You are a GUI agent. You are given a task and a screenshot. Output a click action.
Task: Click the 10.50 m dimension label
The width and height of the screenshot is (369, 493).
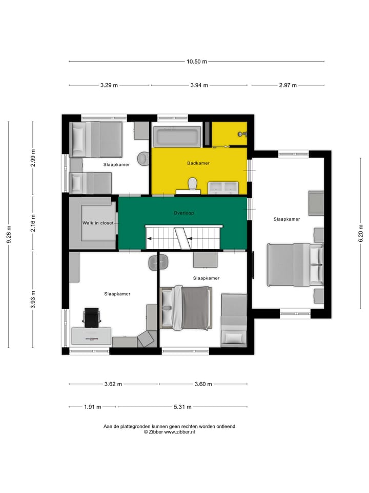pyautogui.click(x=196, y=62)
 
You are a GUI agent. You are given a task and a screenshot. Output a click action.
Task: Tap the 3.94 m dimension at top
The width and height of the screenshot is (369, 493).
pyautogui.click(x=198, y=85)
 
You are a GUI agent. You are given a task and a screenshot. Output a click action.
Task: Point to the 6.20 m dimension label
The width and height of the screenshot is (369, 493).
pyautogui.click(x=361, y=235)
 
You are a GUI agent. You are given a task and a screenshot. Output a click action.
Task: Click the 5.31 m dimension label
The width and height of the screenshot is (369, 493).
pyautogui.click(x=182, y=407)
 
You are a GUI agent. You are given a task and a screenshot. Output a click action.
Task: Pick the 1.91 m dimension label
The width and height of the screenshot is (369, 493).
pyautogui.click(x=92, y=407)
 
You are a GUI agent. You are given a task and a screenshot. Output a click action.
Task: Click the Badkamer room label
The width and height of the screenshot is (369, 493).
pyautogui.click(x=198, y=163)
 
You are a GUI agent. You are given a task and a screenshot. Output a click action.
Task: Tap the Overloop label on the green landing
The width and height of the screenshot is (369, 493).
pyautogui.click(x=183, y=212)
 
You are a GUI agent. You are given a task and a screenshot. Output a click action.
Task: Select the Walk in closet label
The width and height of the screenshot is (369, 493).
pyautogui.click(x=98, y=223)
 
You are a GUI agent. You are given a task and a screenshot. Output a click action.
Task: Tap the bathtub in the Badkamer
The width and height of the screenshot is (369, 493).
pyautogui.click(x=176, y=137)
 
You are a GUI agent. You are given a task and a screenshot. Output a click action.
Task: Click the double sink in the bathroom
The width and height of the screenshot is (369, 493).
pyautogui.click(x=223, y=187)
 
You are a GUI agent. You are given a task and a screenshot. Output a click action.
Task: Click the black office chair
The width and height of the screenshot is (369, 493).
pyautogui.click(x=91, y=317)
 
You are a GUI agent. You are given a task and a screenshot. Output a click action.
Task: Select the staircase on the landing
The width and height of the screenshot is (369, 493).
pyautogui.click(x=184, y=237)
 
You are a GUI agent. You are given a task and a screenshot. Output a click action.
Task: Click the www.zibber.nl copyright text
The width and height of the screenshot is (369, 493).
pyautogui.click(x=169, y=432)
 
